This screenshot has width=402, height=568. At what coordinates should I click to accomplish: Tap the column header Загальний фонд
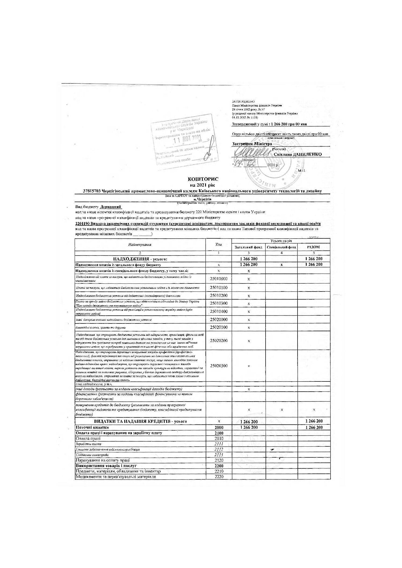tap(248, 247)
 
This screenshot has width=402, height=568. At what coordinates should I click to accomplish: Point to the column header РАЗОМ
tap(313, 247)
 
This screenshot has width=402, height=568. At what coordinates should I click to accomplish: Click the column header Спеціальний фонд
tap(281, 247)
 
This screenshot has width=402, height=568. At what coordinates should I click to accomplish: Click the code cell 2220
tap(219, 477)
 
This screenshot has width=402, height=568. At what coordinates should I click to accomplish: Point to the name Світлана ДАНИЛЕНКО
tap(298, 154)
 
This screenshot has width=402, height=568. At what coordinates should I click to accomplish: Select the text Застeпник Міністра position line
tap(252, 144)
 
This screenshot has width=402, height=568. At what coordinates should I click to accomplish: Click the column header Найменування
tap(140, 245)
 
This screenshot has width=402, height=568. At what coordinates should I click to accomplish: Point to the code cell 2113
tap(219, 455)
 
